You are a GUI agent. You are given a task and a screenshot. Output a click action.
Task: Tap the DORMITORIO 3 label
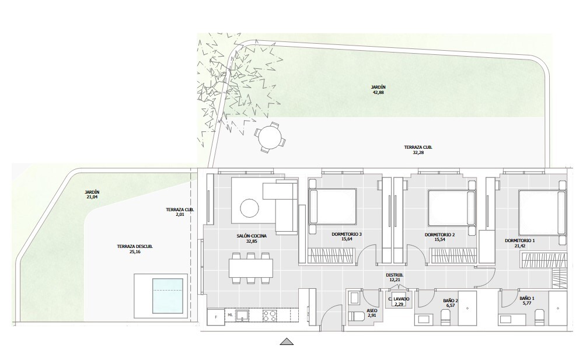(x=347, y=235)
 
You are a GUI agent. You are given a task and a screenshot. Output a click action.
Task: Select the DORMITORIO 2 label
(x=439, y=235)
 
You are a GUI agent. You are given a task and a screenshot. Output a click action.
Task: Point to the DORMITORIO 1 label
(x=519, y=240)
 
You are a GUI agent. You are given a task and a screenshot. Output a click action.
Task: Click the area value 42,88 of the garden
(x=378, y=92)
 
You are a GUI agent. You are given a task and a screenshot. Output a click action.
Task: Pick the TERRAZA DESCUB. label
(x=135, y=247)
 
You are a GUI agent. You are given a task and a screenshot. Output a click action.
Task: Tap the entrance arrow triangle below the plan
(x=286, y=342)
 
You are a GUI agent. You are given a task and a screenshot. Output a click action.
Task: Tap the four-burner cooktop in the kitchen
(x=270, y=316)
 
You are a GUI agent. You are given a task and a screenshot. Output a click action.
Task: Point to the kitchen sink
(x=245, y=316)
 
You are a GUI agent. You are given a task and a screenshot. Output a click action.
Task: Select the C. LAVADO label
(x=399, y=299)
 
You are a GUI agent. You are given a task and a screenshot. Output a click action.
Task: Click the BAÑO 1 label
(x=526, y=299)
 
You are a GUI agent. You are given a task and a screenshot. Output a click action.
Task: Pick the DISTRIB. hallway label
(x=395, y=274)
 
